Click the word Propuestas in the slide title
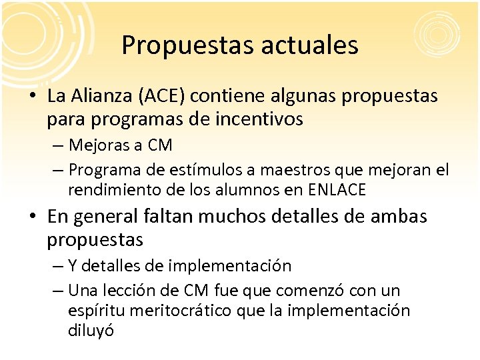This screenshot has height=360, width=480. pyautogui.click(x=175, y=45)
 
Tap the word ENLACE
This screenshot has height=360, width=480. pyautogui.click(x=337, y=190)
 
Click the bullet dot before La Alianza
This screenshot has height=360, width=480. pyautogui.click(x=33, y=97)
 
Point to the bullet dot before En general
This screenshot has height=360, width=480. pyautogui.click(x=33, y=217)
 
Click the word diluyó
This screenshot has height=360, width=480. pyautogui.click(x=91, y=331)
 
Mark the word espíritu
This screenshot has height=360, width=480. pyautogui.click(x=95, y=311)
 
